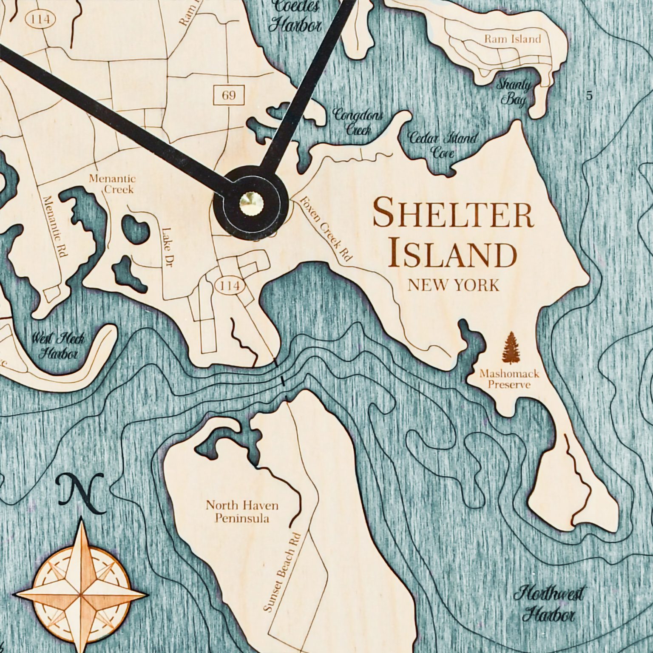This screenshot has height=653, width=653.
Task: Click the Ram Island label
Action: [x=512, y=39]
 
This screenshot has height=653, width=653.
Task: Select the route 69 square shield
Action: [x=229, y=95]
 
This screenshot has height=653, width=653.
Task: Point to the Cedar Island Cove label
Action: [x=442, y=145]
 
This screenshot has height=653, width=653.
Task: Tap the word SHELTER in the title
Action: [x=452, y=214]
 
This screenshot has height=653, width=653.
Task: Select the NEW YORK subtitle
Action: [x=453, y=285]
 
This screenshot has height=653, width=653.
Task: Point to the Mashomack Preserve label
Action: [x=509, y=379]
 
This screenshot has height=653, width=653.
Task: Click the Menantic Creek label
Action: [x=112, y=184]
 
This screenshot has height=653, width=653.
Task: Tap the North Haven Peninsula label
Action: [x=242, y=511]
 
